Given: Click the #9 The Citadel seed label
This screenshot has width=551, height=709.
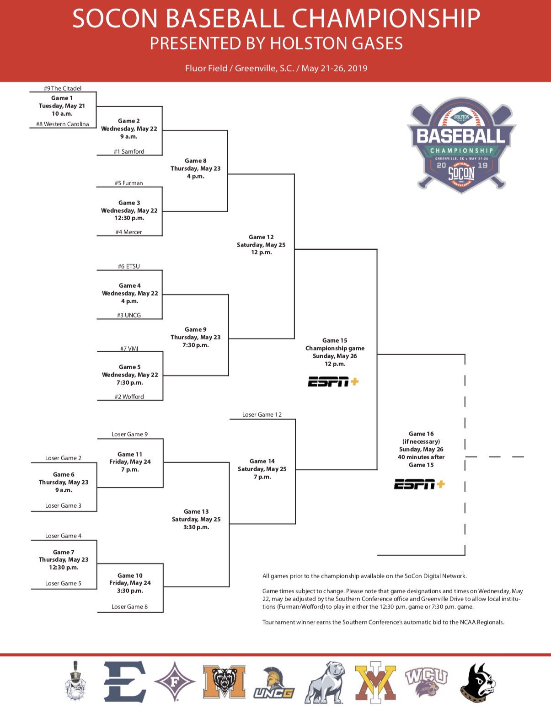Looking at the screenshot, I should [63, 88].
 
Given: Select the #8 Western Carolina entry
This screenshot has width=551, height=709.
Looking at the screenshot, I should [63, 124].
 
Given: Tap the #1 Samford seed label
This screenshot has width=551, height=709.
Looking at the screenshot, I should [129, 151].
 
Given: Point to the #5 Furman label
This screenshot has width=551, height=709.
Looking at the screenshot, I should [129, 183].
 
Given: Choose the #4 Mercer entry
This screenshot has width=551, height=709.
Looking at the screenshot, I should [129, 232].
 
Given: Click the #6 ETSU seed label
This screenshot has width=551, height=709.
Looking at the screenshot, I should [129, 266].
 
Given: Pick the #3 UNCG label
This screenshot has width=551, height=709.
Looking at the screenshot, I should [129, 315].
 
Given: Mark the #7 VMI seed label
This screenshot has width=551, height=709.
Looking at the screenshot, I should [129, 349].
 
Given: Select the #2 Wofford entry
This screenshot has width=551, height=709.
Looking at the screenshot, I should [129, 397].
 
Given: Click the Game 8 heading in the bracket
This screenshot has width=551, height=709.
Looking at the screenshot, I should [195, 161].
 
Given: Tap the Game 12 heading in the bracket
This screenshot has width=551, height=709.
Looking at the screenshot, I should [261, 237].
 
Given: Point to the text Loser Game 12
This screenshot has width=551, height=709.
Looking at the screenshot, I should [262, 414].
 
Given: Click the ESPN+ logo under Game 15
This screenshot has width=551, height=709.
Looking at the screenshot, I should [333, 381].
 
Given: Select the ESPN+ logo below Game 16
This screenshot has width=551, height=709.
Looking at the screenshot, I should [419, 484].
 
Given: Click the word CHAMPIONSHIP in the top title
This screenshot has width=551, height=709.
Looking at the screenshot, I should [386, 19].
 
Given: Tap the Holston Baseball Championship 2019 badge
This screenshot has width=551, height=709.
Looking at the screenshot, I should [461, 145].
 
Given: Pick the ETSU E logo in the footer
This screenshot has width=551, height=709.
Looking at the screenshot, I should [124, 681].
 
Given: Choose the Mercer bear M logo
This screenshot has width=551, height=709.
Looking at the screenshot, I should [224, 681].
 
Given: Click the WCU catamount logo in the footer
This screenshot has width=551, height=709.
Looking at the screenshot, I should [426, 681].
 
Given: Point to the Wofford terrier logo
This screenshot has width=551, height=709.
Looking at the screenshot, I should [477, 682].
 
